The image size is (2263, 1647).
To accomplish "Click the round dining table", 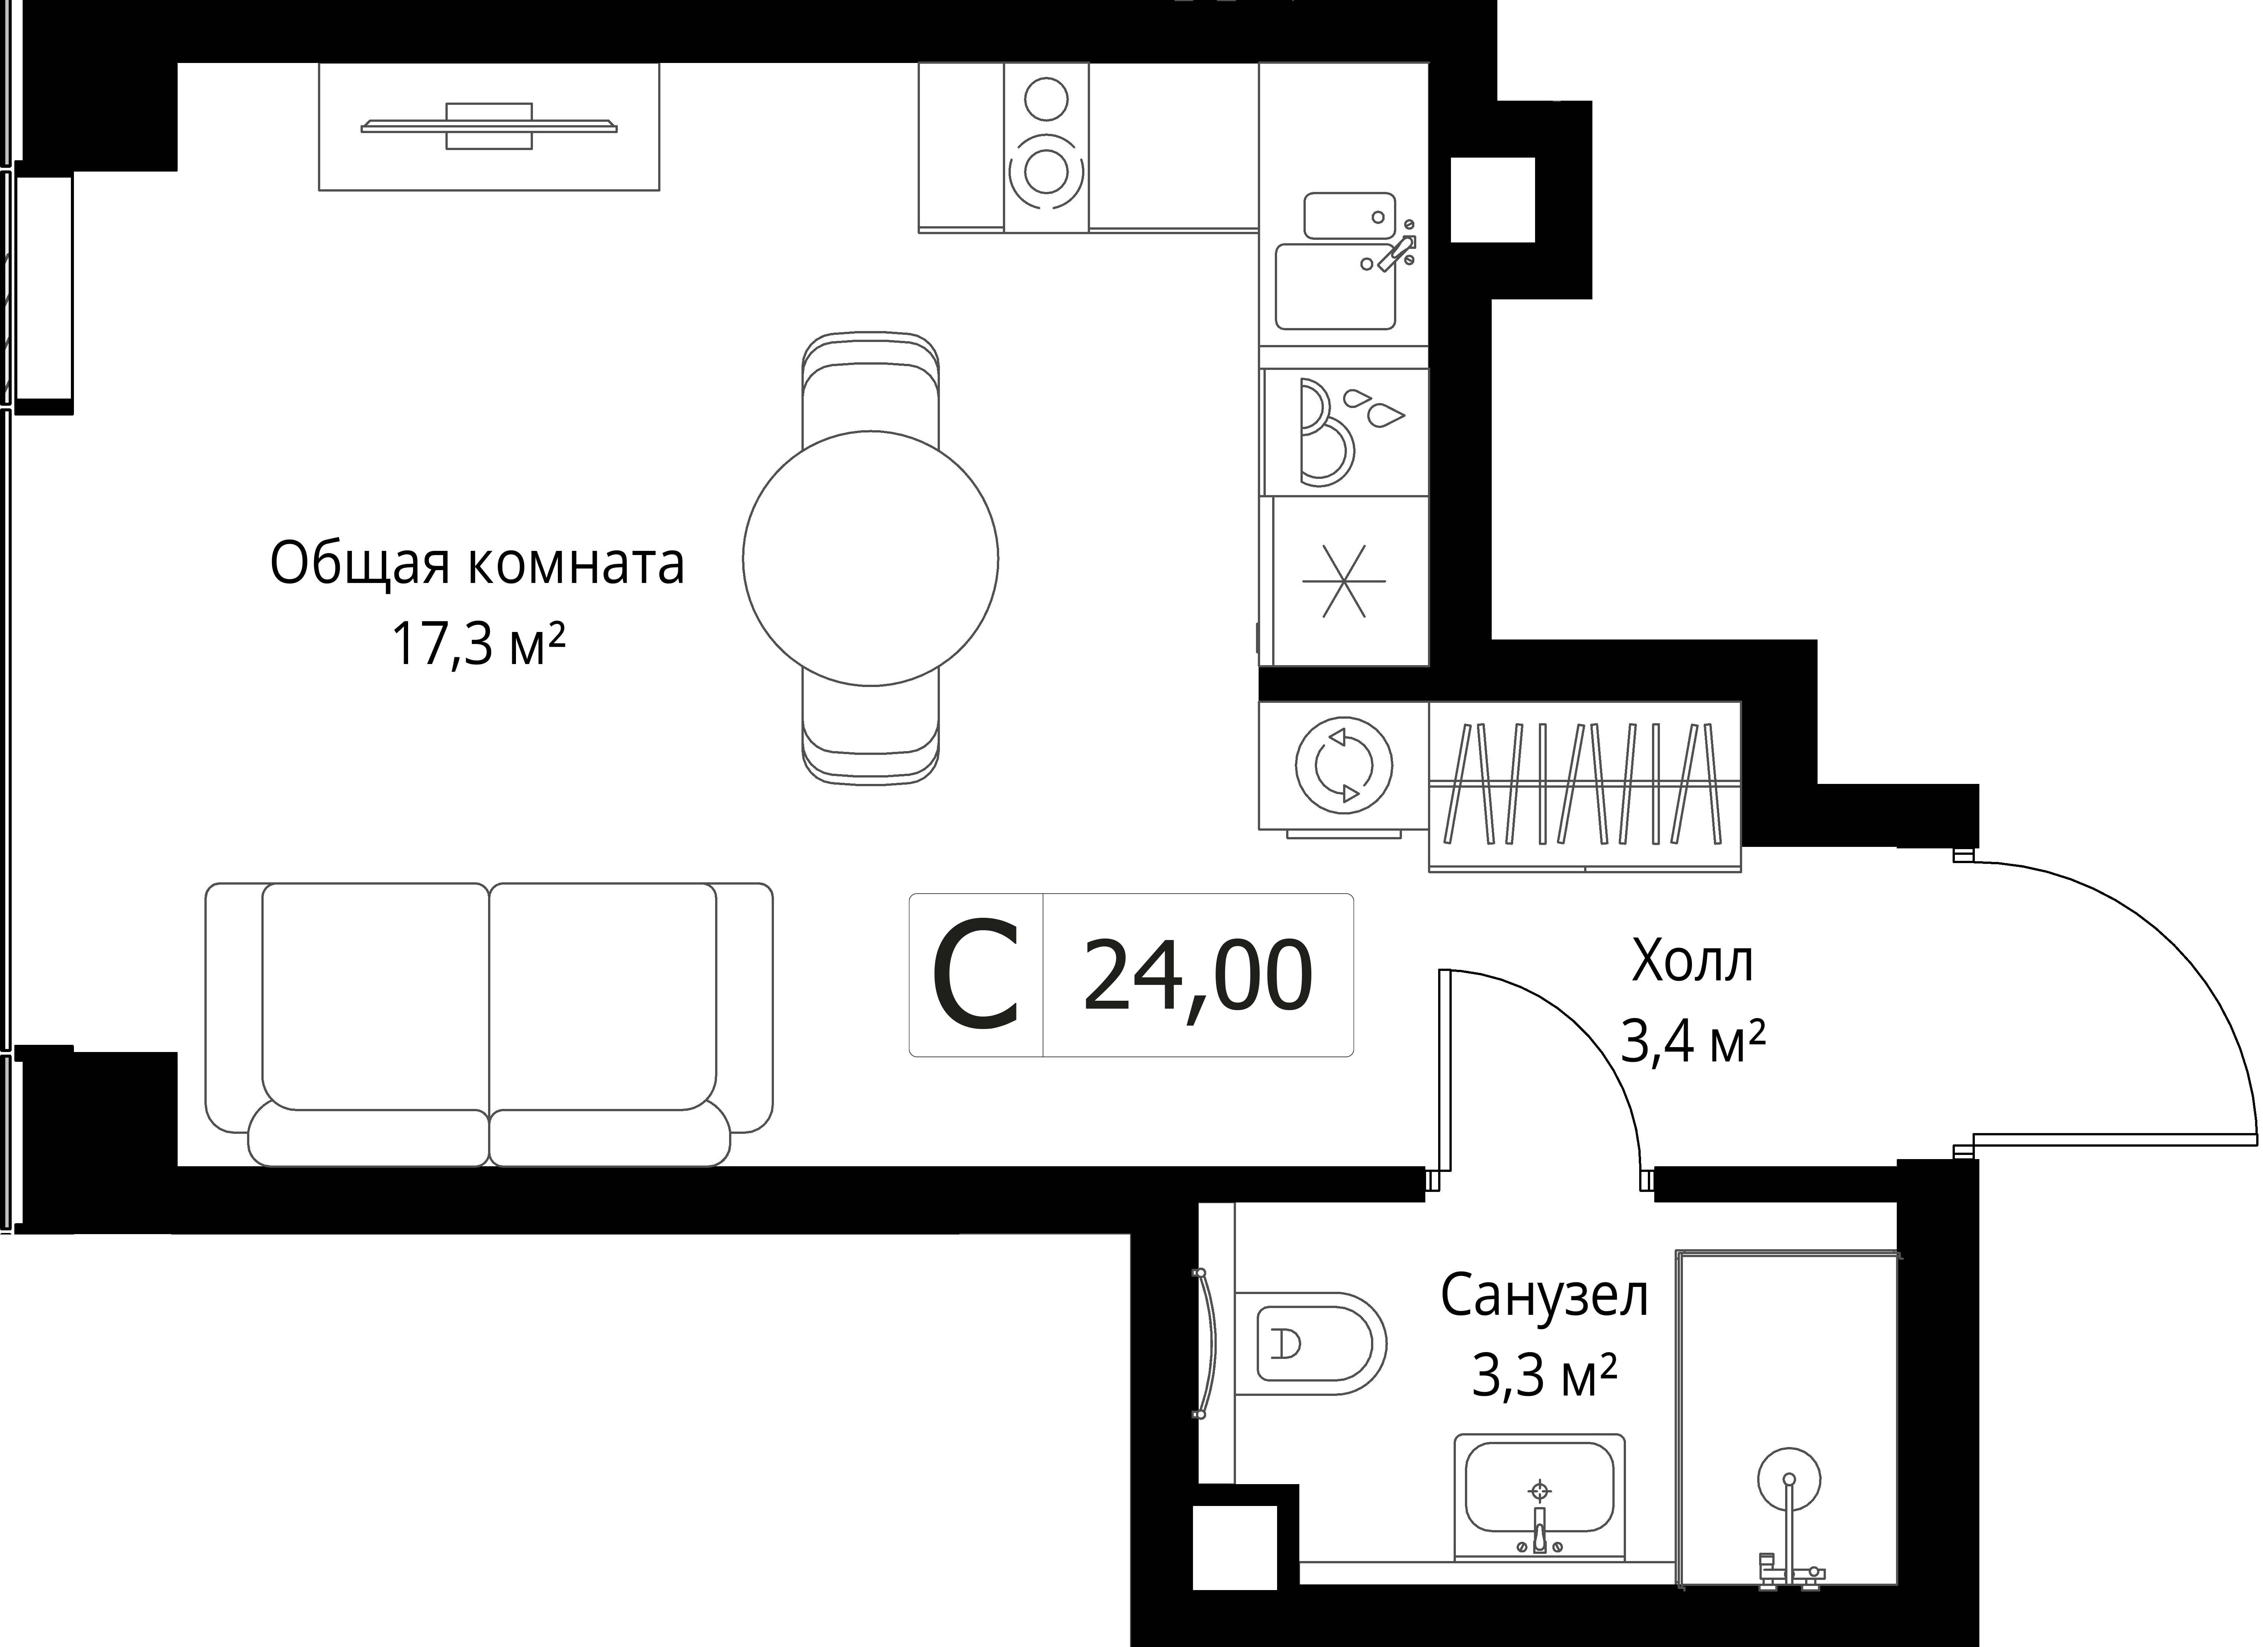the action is tap(870, 559).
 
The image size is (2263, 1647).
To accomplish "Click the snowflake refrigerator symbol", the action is tap(1344, 581).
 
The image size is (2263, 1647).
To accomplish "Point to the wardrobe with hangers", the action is tap(1584, 786).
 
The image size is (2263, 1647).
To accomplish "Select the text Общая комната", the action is tap(477, 564).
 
